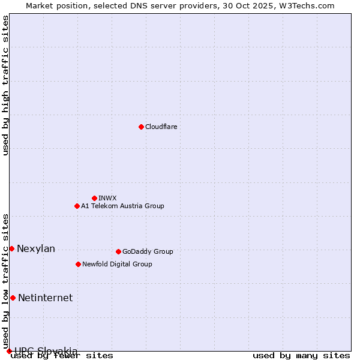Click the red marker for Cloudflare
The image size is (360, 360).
click(141, 127)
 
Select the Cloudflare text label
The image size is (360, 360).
click(161, 127)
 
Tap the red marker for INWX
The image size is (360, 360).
click(94, 198)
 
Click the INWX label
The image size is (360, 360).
click(107, 198)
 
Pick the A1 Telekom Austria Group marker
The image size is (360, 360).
click(77, 206)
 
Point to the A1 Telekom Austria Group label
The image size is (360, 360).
click(122, 206)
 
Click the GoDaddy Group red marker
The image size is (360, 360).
click(118, 251)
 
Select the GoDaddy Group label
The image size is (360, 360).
click(148, 251)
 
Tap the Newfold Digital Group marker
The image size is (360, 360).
click(78, 264)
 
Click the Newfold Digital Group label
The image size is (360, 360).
click(117, 264)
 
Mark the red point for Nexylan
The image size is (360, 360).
click(11, 248)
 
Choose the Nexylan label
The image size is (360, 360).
click(36, 249)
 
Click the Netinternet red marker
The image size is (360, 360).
click(13, 298)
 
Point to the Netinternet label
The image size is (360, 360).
click(45, 298)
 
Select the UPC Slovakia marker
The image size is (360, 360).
click(9, 351)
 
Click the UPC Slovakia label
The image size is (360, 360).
click(46, 351)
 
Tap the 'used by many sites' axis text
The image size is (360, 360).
click(301, 356)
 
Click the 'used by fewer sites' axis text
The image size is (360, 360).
click(62, 356)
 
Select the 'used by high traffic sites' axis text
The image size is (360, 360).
click(6, 85)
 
